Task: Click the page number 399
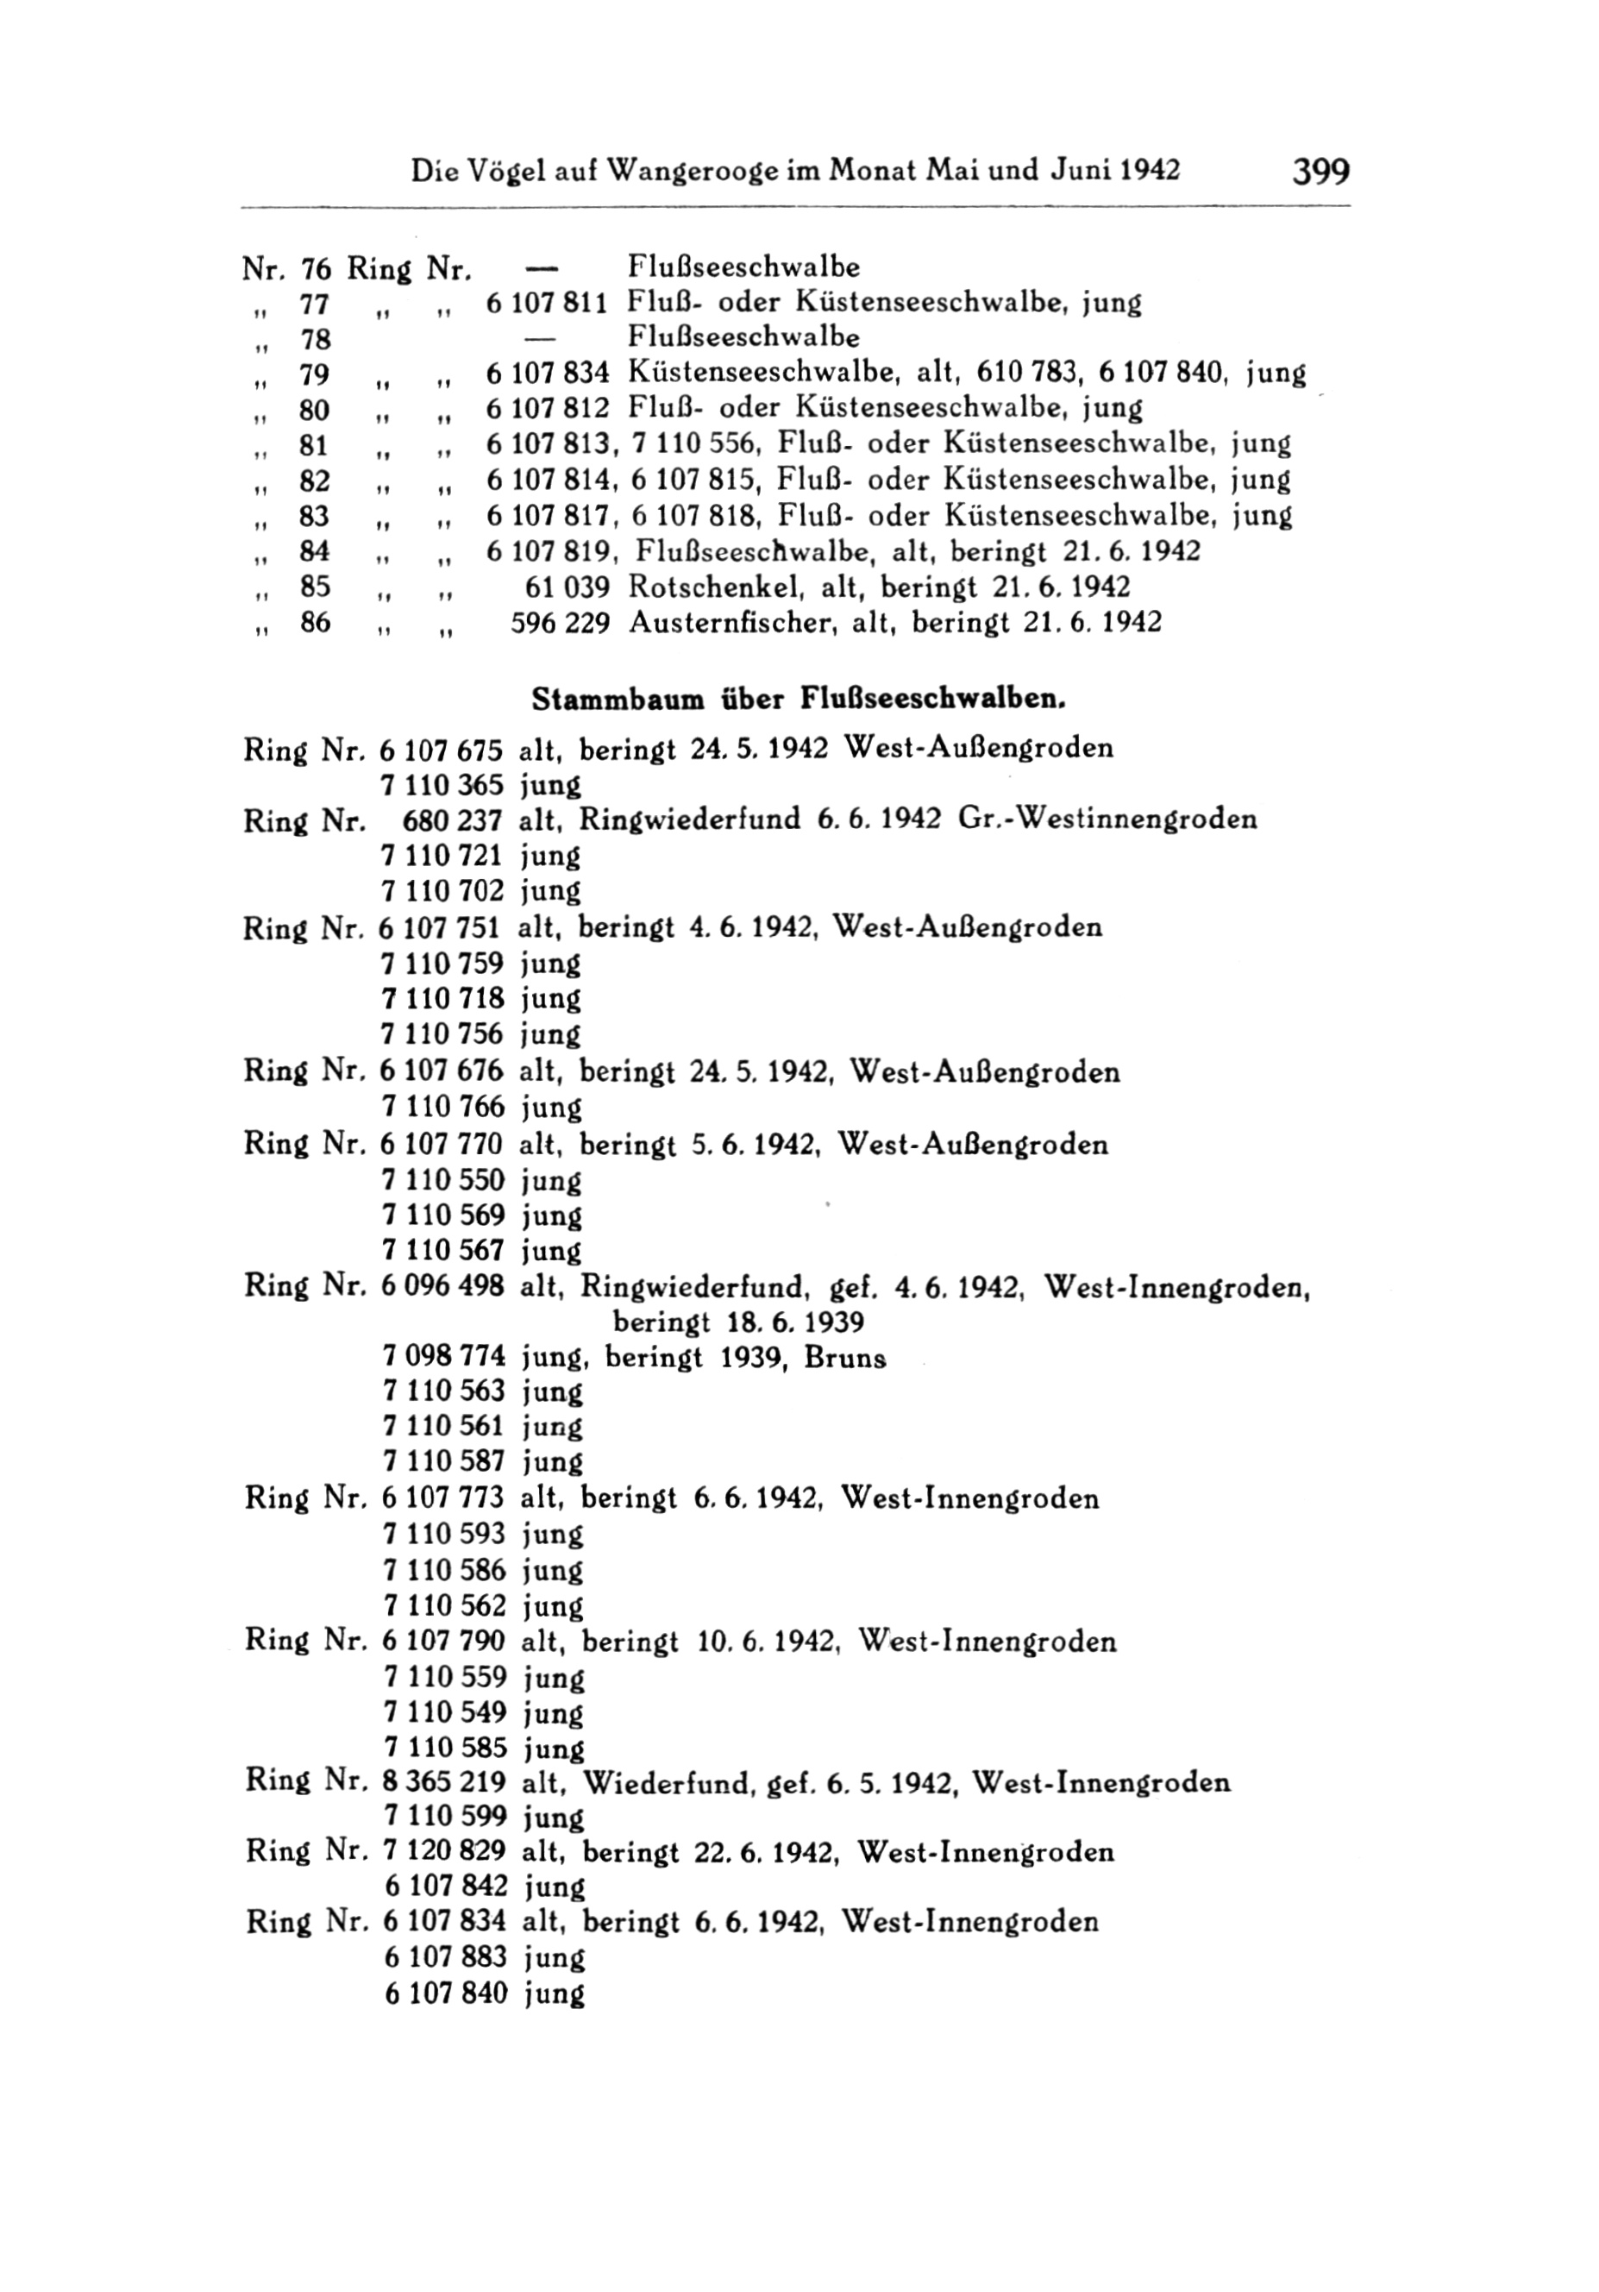[1320, 171]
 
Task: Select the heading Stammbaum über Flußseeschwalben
[799, 699]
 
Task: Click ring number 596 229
[560, 623]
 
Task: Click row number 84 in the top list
[316, 551]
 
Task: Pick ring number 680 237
[451, 819]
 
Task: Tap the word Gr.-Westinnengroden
[1107, 819]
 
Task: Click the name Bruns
[845, 1358]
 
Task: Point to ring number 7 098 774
[443, 1358]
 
